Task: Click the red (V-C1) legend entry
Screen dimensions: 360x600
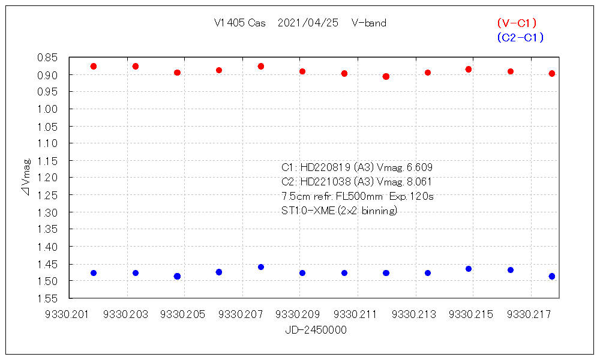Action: coord(517,23)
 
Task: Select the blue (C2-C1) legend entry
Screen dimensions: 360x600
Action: coord(520,37)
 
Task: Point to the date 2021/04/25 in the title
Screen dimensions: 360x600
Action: coord(308,23)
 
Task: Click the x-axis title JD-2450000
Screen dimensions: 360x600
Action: coord(316,330)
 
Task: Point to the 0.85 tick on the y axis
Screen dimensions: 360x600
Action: coord(47,58)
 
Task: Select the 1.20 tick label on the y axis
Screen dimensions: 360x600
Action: coord(47,178)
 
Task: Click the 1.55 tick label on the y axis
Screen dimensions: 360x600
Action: coord(47,298)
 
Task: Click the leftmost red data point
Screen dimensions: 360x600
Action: coord(94,66)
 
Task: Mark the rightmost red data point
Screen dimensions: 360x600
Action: coord(552,73)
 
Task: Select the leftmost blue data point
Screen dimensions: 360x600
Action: coord(94,273)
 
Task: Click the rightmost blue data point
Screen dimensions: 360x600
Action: coord(552,276)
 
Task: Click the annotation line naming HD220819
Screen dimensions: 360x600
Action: coord(357,167)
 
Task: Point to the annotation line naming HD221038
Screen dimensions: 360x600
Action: coord(357,182)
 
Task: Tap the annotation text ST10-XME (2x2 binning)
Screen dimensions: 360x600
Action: coord(339,211)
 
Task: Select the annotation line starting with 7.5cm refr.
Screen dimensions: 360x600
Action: coord(357,196)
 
